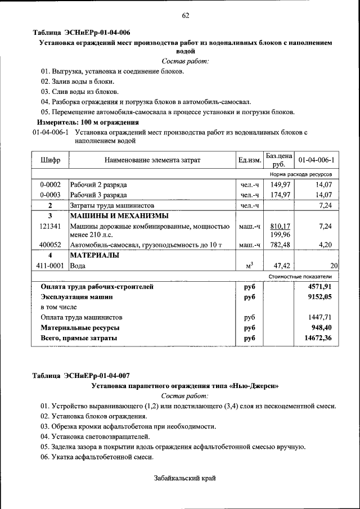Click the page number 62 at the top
[x=185, y=15]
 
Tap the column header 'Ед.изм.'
[x=250, y=160]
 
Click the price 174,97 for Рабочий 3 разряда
[x=280, y=195]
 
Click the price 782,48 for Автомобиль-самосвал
[x=280, y=245]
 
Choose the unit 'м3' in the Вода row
[x=250, y=265]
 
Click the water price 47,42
[x=281, y=265]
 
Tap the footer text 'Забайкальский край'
[x=185, y=478]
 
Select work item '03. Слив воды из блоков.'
[x=79, y=91]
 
